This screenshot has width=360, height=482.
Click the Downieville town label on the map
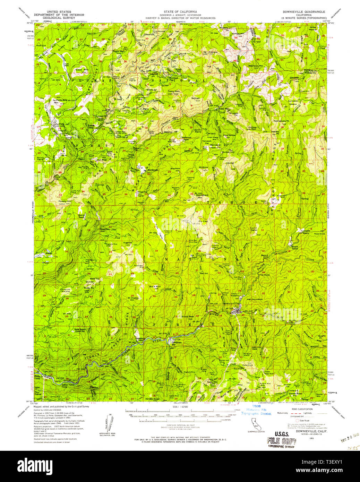231,303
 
